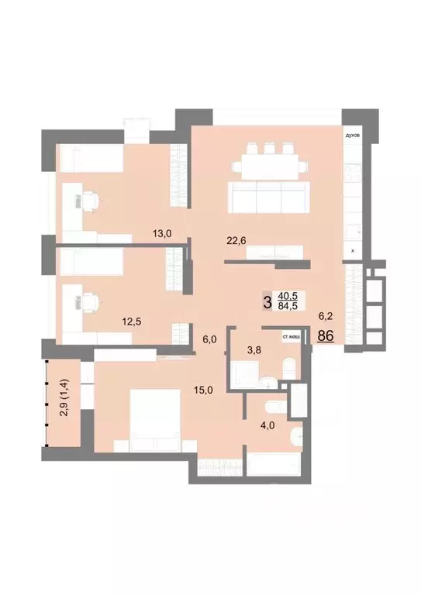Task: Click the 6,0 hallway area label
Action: (209, 339)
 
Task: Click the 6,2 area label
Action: (326, 316)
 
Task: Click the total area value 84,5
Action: (288, 305)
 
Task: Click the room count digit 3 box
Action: (268, 301)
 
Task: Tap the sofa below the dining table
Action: (263, 197)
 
